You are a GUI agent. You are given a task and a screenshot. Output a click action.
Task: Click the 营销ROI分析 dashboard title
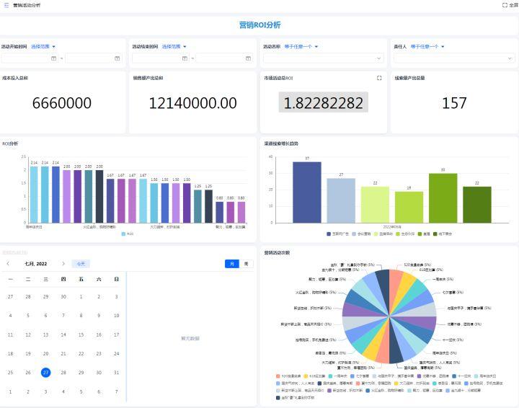coord(259,25)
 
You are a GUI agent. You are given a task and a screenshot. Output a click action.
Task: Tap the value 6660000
coord(62,103)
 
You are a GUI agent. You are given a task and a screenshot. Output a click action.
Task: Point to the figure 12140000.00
coord(192,103)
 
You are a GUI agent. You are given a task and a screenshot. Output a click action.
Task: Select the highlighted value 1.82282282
coord(324,103)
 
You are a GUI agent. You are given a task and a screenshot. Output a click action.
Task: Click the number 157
coord(454,103)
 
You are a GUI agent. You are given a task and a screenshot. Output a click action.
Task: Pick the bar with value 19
coord(409,206)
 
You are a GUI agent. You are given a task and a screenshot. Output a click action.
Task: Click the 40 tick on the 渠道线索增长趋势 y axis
coord(270,156)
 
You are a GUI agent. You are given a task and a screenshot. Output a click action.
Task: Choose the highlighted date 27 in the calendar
coord(45,372)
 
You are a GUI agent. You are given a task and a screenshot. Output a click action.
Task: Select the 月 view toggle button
coord(231,264)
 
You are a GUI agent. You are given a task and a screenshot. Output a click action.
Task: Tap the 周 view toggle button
coord(246,264)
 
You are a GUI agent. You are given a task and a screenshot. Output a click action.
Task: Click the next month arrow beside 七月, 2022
coord(63,264)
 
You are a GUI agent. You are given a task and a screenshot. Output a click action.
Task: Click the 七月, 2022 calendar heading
coord(35,264)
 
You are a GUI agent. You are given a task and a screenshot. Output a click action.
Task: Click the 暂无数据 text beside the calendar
coord(190,337)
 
